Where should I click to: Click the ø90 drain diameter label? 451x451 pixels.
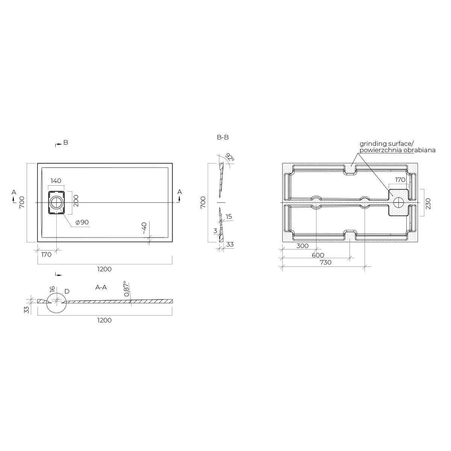(82, 222)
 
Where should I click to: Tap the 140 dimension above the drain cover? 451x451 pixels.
(56, 181)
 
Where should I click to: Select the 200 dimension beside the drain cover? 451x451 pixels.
(76, 201)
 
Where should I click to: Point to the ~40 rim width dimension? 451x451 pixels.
(144, 228)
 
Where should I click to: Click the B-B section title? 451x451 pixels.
(223, 138)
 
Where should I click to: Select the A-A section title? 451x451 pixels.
(101, 287)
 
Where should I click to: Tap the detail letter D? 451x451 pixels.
(67, 291)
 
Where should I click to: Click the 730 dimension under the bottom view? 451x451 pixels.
(325, 262)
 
